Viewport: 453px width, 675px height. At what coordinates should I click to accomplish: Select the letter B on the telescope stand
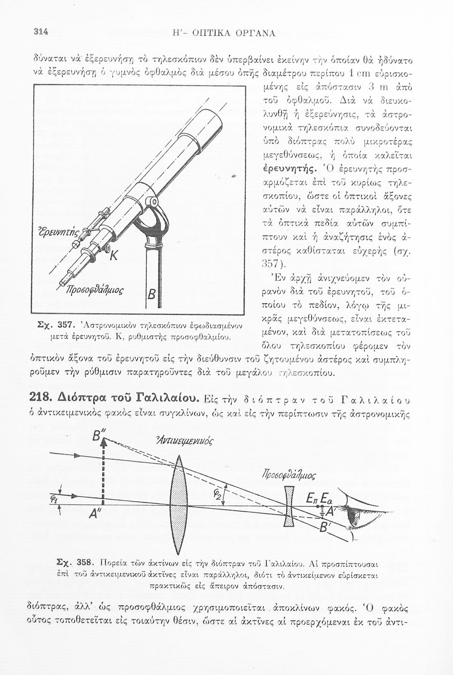click(152, 296)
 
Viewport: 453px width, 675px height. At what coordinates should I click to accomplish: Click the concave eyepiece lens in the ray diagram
click(290, 508)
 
